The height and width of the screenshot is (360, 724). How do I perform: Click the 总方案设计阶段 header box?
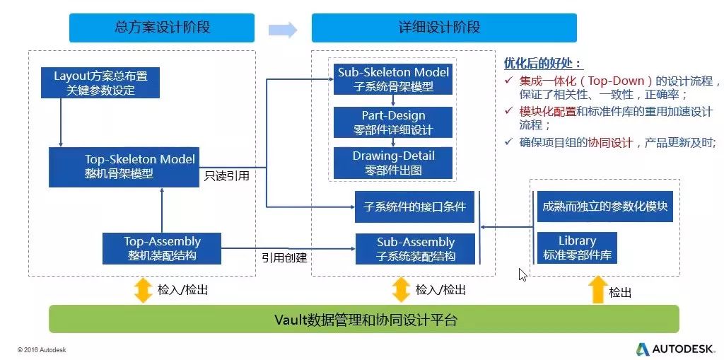[x=162, y=28]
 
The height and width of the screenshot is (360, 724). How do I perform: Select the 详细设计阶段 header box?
[x=443, y=28]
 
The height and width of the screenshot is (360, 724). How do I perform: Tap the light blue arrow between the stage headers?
[x=282, y=29]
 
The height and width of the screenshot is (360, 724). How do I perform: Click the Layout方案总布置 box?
[x=105, y=83]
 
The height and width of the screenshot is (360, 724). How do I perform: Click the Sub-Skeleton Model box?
[x=392, y=79]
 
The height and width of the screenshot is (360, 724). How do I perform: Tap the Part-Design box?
[x=392, y=123]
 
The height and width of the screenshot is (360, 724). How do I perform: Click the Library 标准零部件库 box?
[x=577, y=248]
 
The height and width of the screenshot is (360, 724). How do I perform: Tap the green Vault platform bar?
[x=363, y=319]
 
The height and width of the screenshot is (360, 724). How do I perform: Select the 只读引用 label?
[x=226, y=175]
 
